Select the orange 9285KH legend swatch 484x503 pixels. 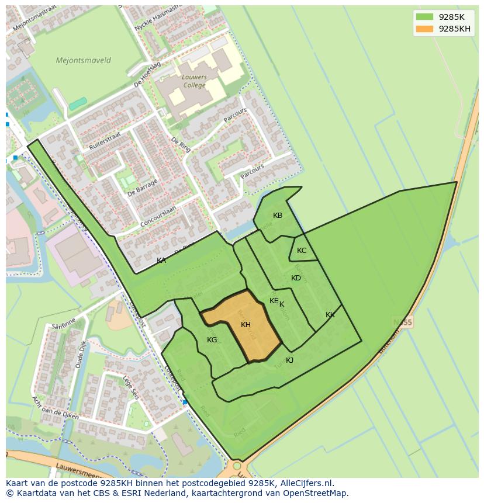[x=425, y=29]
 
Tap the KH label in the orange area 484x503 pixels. [x=246, y=325]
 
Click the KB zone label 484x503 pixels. [x=278, y=216]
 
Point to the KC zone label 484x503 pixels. [x=302, y=251]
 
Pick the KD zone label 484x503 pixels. [x=296, y=278]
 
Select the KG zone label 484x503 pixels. [x=212, y=340]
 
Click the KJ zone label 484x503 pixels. [x=289, y=360]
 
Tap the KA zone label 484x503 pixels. [x=161, y=261]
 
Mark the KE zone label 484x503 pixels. [x=274, y=301]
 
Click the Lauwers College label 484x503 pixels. [x=193, y=81]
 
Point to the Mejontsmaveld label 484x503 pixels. [x=83, y=60]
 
